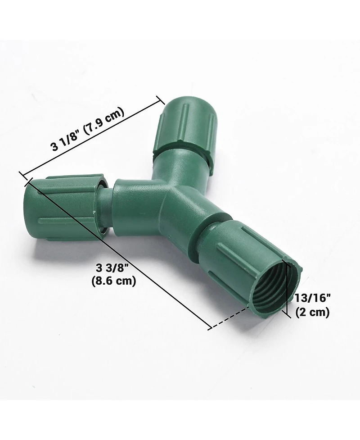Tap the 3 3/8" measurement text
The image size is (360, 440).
point(112,269)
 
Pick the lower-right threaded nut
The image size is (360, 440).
point(252,266)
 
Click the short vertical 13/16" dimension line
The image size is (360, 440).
point(286,288)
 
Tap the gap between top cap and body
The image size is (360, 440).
point(182,151)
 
